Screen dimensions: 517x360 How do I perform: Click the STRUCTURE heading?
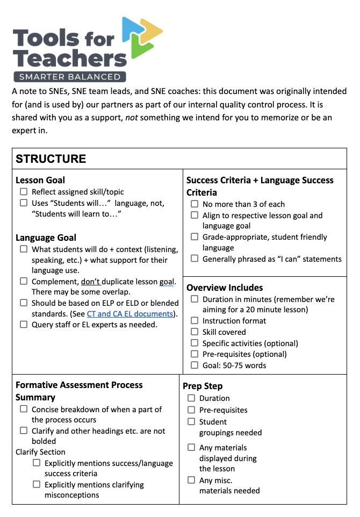tap(51, 159)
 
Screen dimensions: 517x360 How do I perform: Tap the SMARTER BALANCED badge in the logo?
tap(70, 76)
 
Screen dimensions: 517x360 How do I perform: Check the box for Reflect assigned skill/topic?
tap(24, 192)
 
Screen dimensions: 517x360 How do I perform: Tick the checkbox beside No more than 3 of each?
tap(195, 204)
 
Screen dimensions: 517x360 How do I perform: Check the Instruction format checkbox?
tap(195, 321)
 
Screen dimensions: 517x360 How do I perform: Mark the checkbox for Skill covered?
tap(195, 332)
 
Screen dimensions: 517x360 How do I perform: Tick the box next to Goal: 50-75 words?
tap(195, 365)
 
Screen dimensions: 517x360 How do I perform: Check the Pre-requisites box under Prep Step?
tap(191, 410)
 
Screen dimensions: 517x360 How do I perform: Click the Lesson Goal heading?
tap(40, 180)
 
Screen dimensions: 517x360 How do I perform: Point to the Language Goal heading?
tap(46, 238)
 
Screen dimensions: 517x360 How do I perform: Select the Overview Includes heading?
tap(225, 288)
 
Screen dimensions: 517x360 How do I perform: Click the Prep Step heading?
tap(203, 386)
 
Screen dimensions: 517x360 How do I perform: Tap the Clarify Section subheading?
tap(41, 452)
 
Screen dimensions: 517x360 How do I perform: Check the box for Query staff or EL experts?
tap(24, 325)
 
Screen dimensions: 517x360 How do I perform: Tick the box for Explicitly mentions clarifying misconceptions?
tap(37, 485)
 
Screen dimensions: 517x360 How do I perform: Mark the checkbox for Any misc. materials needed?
tap(191, 480)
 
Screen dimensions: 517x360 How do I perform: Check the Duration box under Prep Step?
tap(191, 398)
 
